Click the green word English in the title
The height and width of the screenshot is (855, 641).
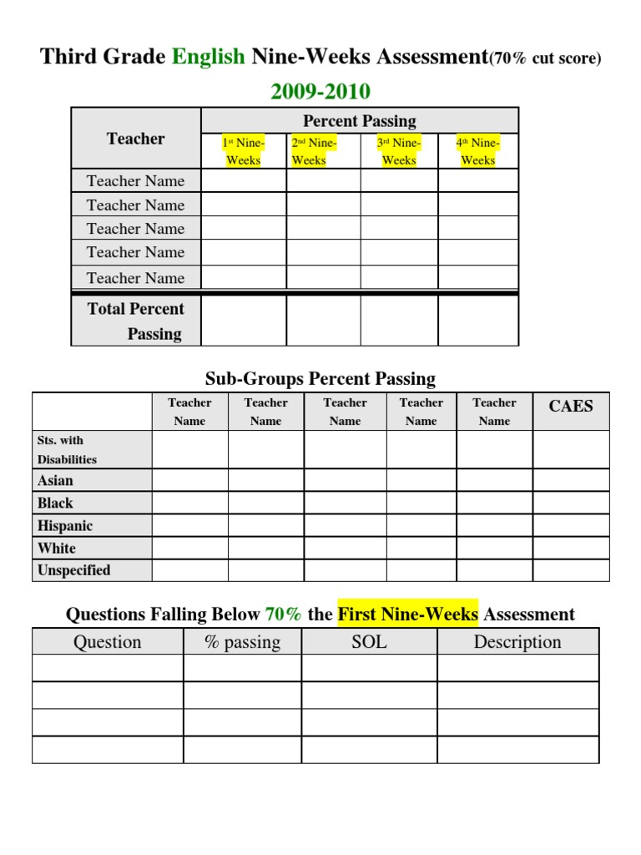(x=209, y=57)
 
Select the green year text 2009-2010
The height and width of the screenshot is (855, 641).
(x=320, y=91)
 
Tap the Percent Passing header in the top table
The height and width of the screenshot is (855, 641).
(x=360, y=121)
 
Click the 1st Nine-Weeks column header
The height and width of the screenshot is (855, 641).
(x=244, y=151)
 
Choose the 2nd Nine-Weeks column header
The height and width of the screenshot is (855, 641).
(x=314, y=151)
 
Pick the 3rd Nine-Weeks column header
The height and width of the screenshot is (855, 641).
(x=398, y=151)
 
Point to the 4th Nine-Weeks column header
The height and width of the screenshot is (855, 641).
(x=478, y=151)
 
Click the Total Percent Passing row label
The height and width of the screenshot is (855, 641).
(x=136, y=321)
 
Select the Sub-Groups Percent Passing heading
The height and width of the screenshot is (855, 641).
(x=320, y=378)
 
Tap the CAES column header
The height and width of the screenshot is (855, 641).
(x=571, y=407)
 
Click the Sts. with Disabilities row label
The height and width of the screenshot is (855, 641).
(x=67, y=449)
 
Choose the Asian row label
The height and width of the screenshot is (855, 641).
(x=55, y=480)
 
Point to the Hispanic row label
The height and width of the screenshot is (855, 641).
(x=65, y=526)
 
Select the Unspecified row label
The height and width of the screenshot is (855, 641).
(x=74, y=570)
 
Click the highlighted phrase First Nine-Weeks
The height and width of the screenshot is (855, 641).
(x=407, y=615)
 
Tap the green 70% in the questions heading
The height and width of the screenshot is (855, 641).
(x=283, y=615)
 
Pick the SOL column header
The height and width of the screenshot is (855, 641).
(x=369, y=641)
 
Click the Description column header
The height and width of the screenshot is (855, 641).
(x=517, y=641)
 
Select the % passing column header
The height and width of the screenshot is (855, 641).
(x=242, y=641)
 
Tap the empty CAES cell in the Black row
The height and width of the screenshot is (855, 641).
(x=571, y=503)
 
